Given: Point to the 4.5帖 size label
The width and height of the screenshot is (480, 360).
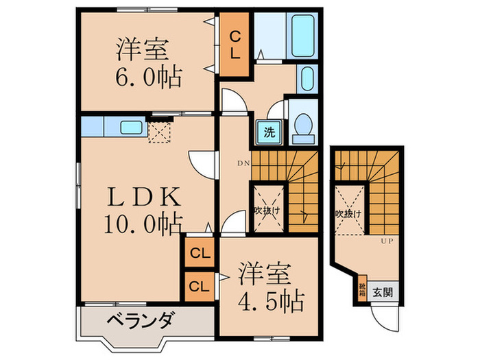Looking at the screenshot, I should [x=271, y=300].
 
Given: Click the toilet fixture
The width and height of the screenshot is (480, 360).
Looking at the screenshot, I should [x=301, y=128].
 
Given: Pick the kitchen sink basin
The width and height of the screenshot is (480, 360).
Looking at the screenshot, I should [x=130, y=127].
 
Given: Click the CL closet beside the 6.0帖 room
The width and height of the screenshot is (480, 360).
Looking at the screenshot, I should [x=234, y=44].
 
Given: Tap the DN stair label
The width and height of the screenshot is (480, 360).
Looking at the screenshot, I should [x=243, y=163].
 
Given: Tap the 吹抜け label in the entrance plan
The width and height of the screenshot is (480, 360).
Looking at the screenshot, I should [x=348, y=214].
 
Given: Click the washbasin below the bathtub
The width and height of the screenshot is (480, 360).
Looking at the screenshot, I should [x=307, y=77].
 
